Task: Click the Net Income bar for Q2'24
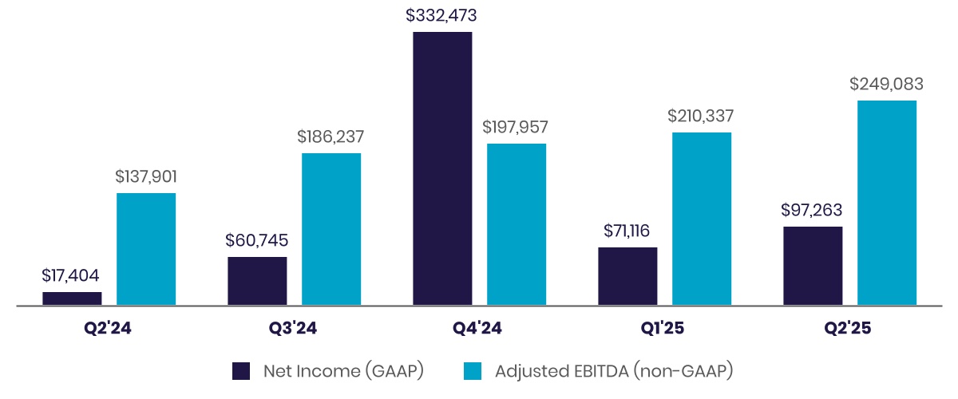(x=72, y=298)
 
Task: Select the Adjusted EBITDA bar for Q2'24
(x=146, y=249)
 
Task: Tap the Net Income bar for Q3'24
(x=257, y=281)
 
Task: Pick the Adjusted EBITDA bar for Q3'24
(x=331, y=229)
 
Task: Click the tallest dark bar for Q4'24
(x=442, y=168)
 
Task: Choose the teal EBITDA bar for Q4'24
(x=517, y=224)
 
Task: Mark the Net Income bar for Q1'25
(x=627, y=276)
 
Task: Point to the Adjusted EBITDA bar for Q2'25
(x=887, y=203)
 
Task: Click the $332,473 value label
(x=442, y=14)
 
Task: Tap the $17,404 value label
(x=72, y=275)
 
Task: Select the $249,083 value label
(x=886, y=83)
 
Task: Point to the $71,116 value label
(x=627, y=231)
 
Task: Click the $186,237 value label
(x=331, y=136)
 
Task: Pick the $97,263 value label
(x=813, y=210)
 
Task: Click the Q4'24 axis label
(x=479, y=328)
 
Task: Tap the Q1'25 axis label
(x=664, y=328)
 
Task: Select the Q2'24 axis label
(x=109, y=328)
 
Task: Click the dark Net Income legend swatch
(x=242, y=371)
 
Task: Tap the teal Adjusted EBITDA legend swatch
(x=473, y=371)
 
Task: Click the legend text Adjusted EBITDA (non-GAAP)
(x=614, y=371)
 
